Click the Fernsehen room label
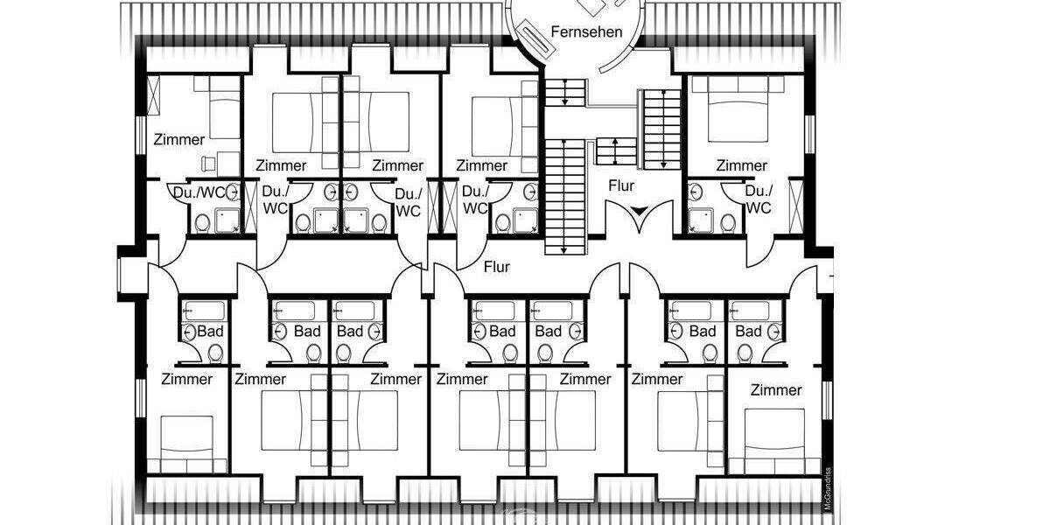click(x=586, y=31)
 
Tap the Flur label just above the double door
click(x=621, y=185)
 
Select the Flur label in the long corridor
click(x=496, y=267)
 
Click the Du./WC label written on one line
click(x=200, y=192)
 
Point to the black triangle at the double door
click(x=640, y=211)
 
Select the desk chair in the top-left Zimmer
click(x=209, y=162)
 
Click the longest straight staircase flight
click(x=564, y=197)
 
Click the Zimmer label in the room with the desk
click(x=178, y=139)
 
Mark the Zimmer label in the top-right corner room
click(x=741, y=165)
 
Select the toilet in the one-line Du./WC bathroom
click(x=201, y=224)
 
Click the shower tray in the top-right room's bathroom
click(x=699, y=220)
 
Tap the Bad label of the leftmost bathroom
click(x=210, y=332)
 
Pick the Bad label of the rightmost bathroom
click(x=749, y=332)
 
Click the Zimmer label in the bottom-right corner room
click(x=776, y=390)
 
